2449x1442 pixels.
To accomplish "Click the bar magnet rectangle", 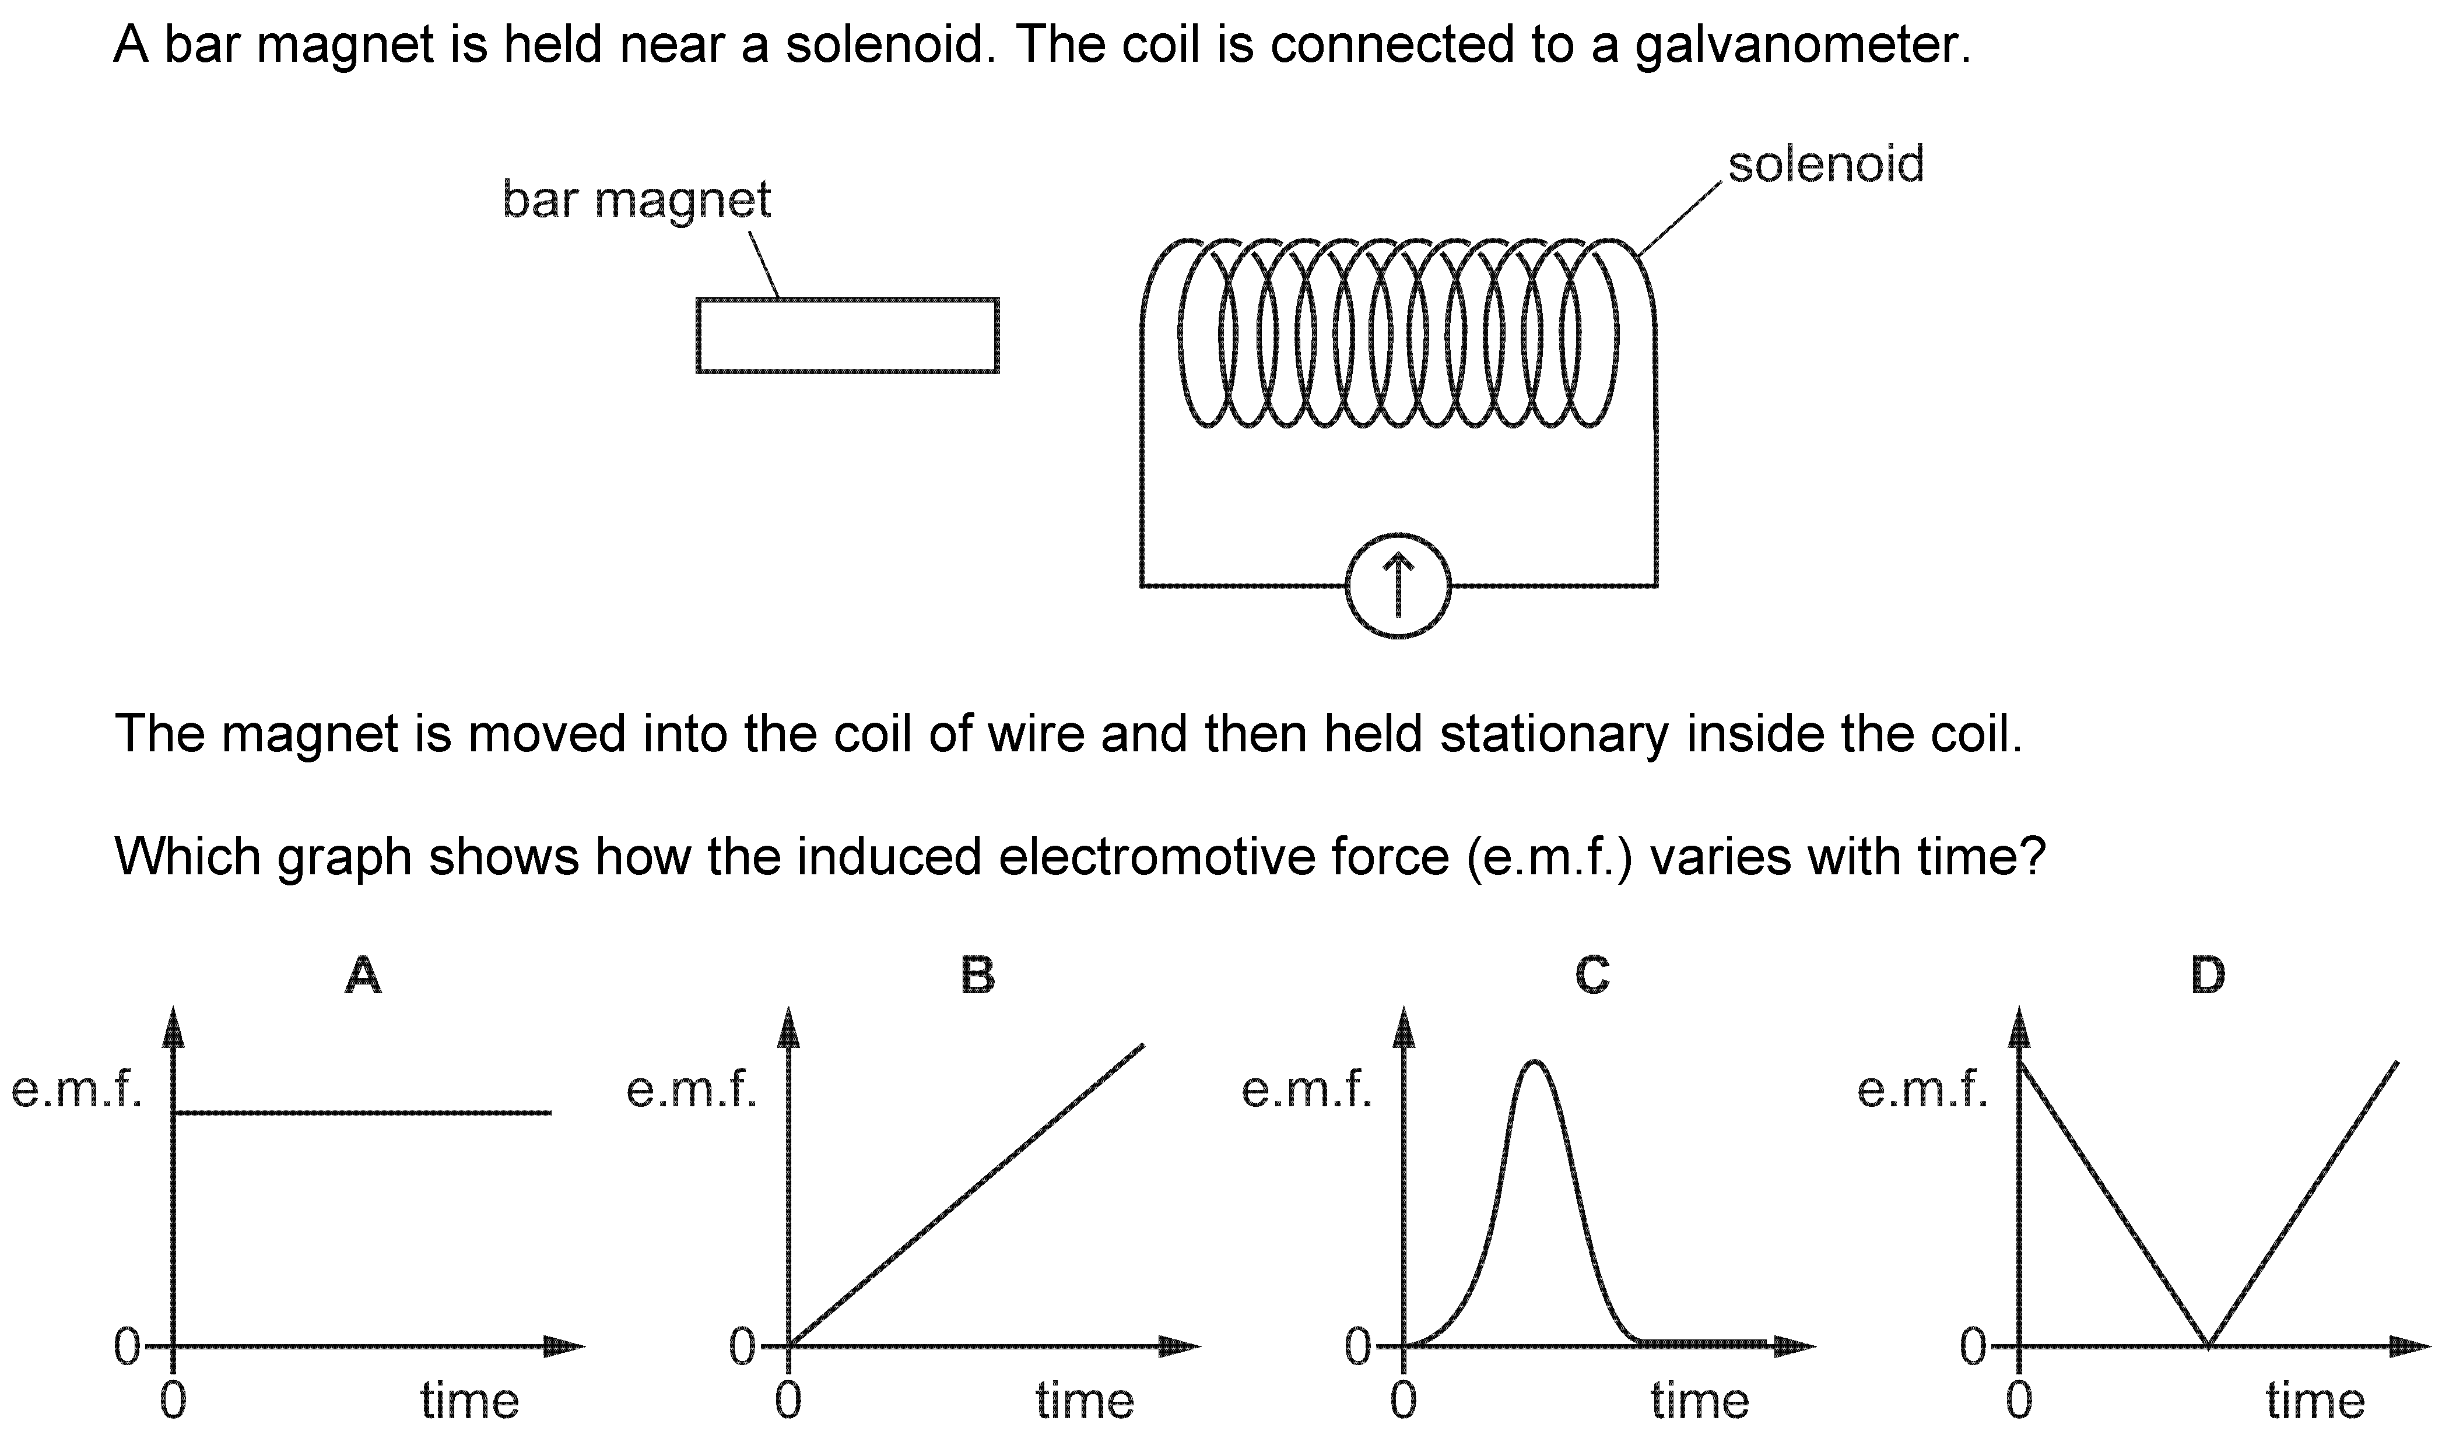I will click(x=847, y=335).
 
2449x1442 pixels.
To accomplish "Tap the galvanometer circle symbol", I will click(x=1398, y=587).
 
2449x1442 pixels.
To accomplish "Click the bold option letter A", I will click(x=363, y=976).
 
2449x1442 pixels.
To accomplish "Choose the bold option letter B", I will click(x=978, y=976).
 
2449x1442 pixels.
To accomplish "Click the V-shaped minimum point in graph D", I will click(x=2209, y=1346).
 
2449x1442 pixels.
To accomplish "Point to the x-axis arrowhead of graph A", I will click(x=566, y=1346).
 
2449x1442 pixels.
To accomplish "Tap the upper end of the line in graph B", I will click(x=1143, y=1046).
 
